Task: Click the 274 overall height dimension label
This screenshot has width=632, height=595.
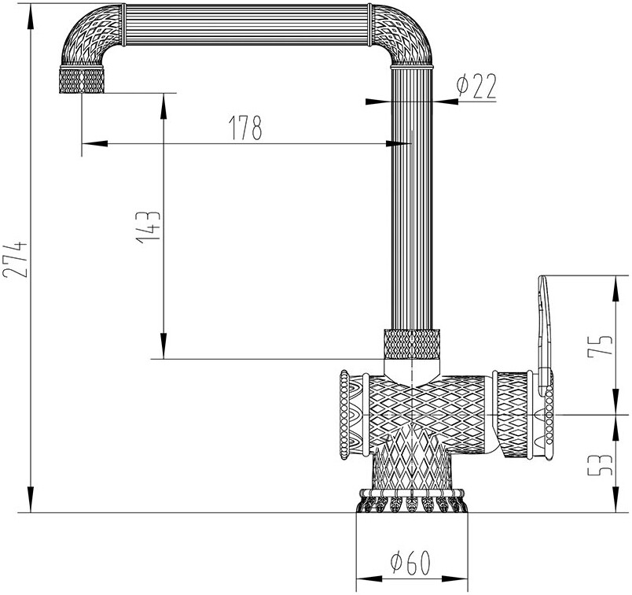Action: click(16, 258)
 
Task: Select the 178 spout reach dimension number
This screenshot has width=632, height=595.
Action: click(244, 128)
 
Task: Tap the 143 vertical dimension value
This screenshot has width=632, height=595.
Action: click(149, 227)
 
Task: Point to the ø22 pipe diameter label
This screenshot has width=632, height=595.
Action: click(476, 87)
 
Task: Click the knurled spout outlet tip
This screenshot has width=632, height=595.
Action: click(82, 80)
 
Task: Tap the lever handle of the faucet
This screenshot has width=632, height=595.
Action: click(543, 323)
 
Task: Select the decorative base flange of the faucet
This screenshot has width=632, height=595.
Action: click(409, 501)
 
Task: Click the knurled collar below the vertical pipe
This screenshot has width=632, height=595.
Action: click(409, 343)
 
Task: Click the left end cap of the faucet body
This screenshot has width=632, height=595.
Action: click(347, 413)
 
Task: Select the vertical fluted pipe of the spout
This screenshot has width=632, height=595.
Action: click(410, 197)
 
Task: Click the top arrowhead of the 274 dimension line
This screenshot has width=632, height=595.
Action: click(30, 17)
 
